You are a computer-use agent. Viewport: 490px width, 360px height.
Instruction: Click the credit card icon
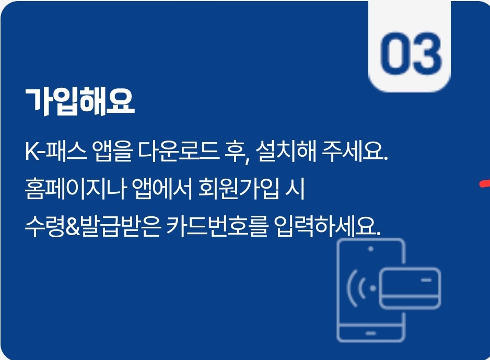(410, 287)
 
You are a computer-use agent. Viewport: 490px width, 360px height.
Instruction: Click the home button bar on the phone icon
(371, 332)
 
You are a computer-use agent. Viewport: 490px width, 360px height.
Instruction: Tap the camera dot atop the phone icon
(371, 249)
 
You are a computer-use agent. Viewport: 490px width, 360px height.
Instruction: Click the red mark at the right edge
(485, 182)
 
